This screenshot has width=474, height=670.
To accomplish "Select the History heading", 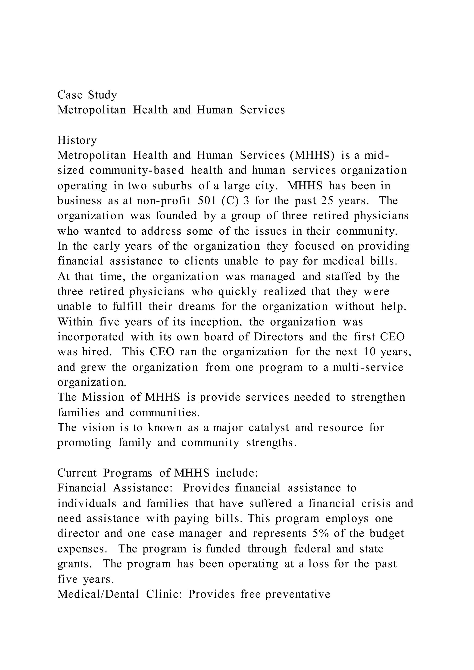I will [77, 140].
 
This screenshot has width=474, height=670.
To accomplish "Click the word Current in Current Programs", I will [77, 473].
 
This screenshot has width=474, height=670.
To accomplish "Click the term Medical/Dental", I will [98, 594].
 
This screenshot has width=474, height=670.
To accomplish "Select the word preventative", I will [298, 594].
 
